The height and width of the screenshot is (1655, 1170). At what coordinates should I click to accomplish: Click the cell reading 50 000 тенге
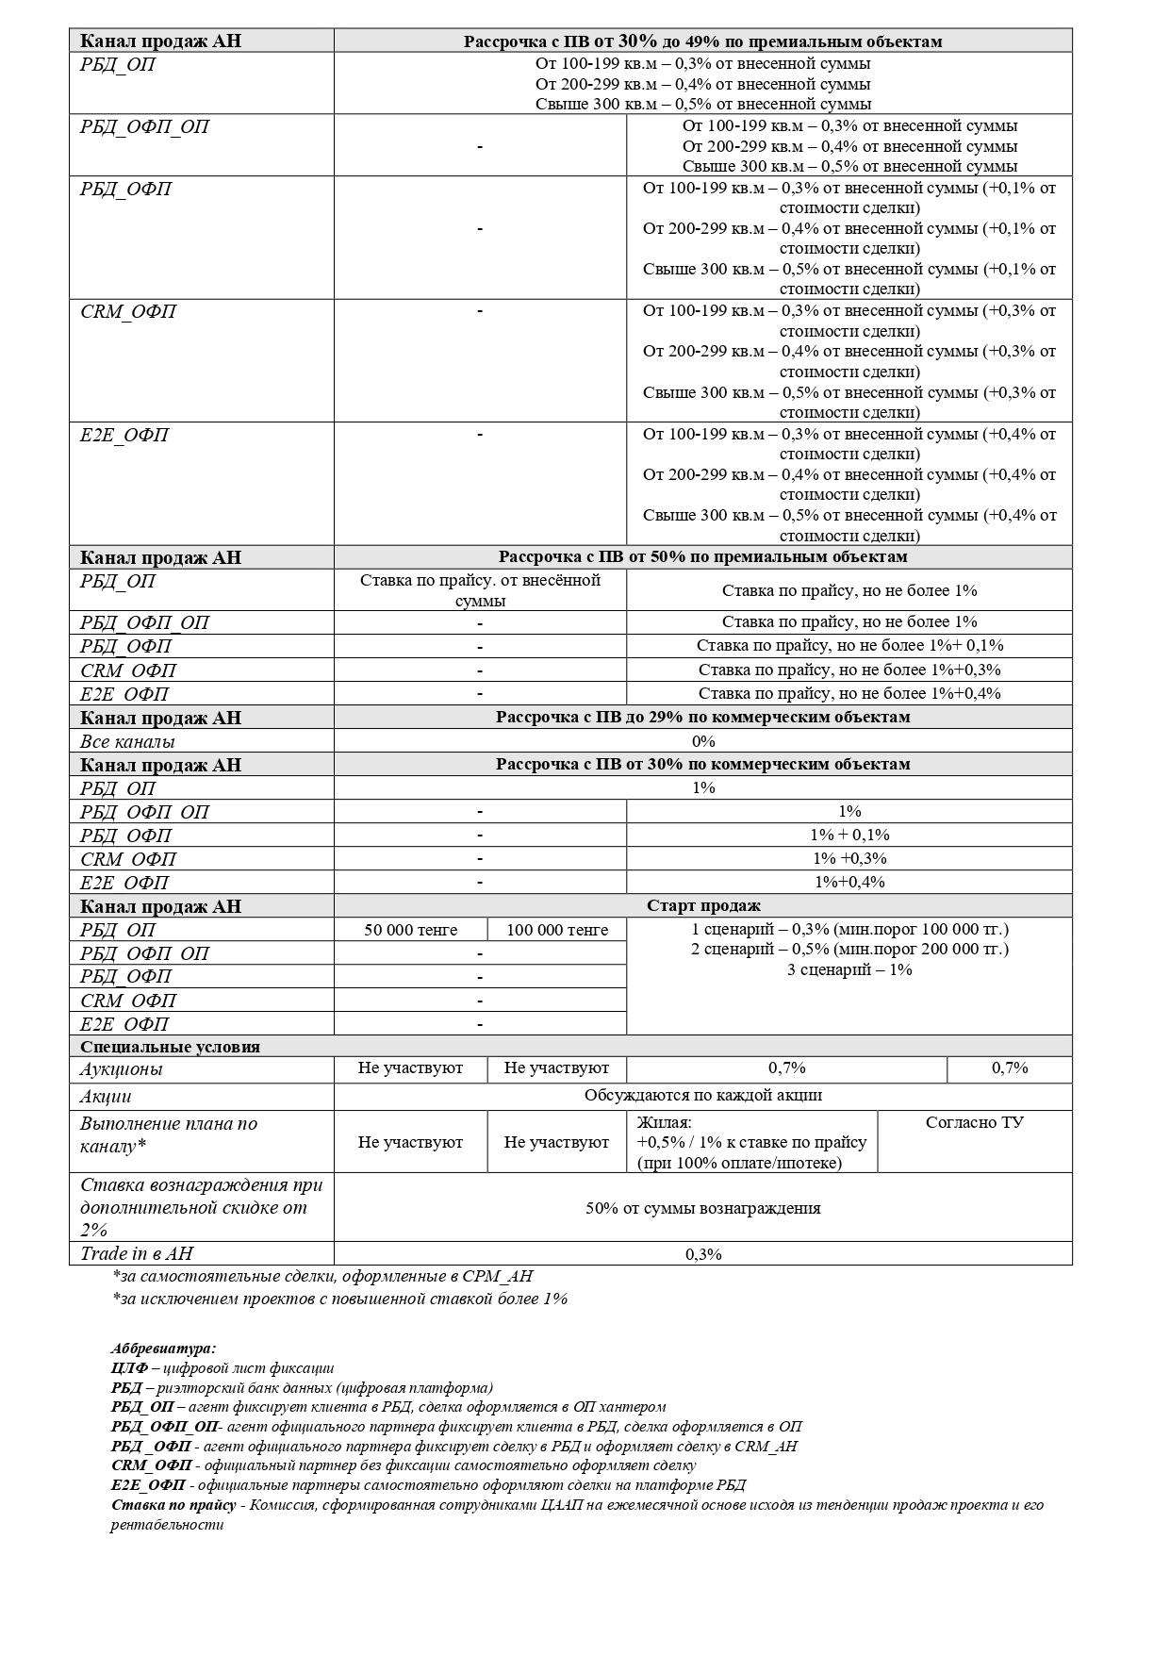coord(410,930)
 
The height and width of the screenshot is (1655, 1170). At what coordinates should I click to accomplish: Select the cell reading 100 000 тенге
coord(557,930)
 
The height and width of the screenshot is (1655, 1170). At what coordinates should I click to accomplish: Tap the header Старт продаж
coord(703,906)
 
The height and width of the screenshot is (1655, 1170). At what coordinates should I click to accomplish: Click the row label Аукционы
coord(122,1069)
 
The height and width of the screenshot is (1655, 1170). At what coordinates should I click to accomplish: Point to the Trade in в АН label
coord(137,1253)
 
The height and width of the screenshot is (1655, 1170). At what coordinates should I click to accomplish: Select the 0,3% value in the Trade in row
coord(703,1254)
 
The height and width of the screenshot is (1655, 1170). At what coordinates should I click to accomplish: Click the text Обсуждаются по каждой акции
coord(703,1096)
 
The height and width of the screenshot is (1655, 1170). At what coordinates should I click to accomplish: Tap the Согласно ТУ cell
coord(975,1122)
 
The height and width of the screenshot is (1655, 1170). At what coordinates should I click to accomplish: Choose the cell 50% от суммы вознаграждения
coord(703,1208)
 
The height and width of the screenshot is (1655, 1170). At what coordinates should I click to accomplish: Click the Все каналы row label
coord(127,741)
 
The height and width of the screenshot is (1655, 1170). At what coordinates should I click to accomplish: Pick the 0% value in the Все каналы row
coord(703,741)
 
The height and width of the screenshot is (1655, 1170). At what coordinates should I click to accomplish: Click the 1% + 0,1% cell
coord(849,835)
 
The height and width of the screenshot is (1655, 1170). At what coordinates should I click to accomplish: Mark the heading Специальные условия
coord(171,1047)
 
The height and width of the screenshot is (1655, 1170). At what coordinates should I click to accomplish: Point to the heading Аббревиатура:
coord(163,1349)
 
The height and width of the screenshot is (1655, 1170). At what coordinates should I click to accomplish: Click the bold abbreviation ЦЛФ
coord(128,1368)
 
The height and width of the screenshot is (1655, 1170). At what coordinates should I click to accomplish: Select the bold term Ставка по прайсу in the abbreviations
coord(174,1505)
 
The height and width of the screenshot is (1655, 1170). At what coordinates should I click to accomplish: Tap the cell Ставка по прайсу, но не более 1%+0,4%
coord(849,693)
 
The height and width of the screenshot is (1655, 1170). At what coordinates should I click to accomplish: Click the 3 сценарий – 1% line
coord(849,969)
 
